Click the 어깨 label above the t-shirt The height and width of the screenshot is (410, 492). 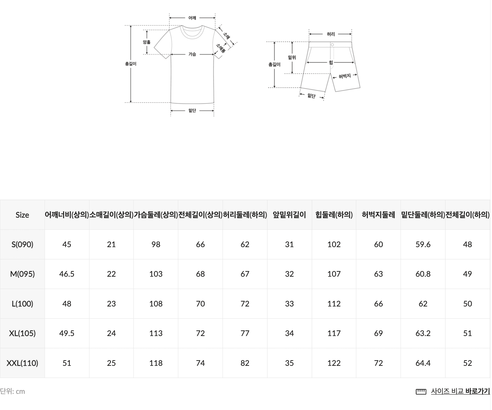click(x=192, y=18)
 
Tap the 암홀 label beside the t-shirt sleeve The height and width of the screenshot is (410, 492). click(x=147, y=42)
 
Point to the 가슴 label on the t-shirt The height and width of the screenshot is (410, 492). click(x=192, y=54)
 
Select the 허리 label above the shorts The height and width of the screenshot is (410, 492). click(x=331, y=34)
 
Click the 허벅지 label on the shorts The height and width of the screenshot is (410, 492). click(x=345, y=76)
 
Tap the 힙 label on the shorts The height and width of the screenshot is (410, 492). click(x=331, y=62)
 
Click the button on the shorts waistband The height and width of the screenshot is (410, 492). click(x=332, y=45)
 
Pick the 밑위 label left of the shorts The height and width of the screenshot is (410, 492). click(x=292, y=58)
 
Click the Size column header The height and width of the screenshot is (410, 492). click(x=22, y=215)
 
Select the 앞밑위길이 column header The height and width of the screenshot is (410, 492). click(x=289, y=215)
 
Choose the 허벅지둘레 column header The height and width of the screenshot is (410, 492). click(x=378, y=215)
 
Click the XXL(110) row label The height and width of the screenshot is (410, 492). click(x=22, y=363)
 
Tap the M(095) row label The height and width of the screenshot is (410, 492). click(x=22, y=274)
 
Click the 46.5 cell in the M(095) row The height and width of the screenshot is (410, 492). click(x=67, y=274)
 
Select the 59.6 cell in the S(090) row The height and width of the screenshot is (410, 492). click(x=423, y=244)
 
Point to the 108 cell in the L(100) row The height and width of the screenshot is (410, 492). click(x=156, y=304)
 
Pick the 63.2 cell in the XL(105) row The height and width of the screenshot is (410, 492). click(x=423, y=333)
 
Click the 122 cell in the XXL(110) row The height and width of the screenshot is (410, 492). click(x=334, y=363)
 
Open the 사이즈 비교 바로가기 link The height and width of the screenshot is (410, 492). click(x=460, y=391)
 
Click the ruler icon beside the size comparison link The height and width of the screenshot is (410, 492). click(x=421, y=392)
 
